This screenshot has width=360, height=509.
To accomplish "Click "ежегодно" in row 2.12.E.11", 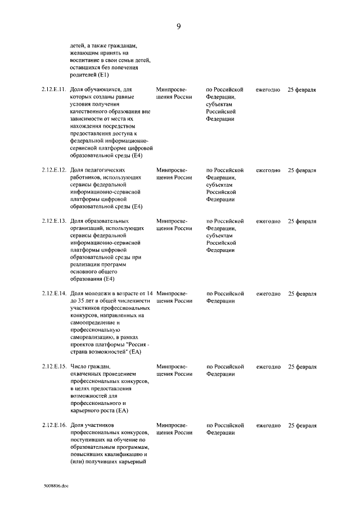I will pos(268,89).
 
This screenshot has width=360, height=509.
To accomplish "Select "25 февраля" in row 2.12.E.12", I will pos(301,170).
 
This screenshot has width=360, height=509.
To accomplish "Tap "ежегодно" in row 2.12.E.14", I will pos(268,294).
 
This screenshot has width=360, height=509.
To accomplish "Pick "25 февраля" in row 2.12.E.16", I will pos(301,425).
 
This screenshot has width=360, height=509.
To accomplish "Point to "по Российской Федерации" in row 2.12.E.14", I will pos(224,297).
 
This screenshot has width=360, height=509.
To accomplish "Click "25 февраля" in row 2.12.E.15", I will pos(301,367).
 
